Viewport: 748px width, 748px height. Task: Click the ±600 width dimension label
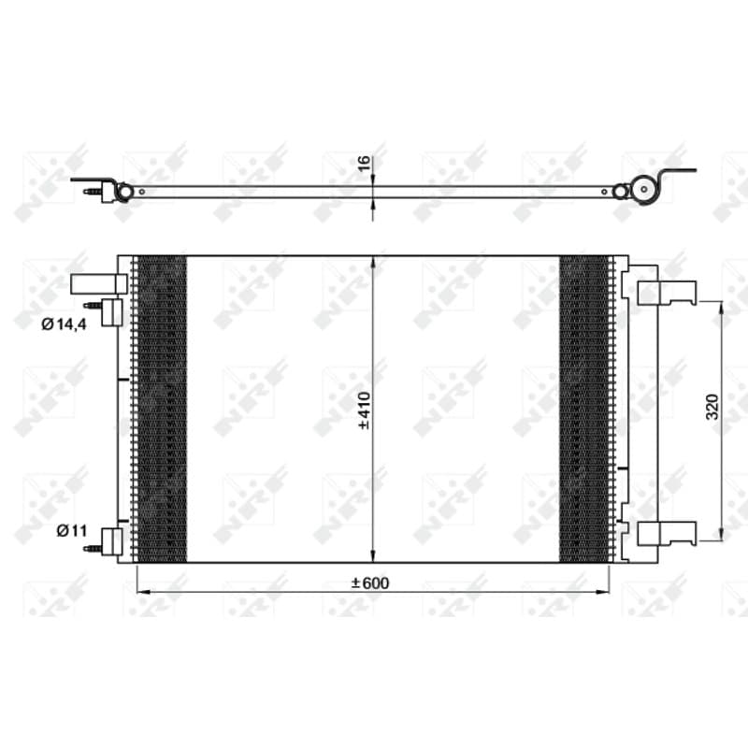point(370,583)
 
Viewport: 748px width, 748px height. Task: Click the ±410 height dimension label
point(365,410)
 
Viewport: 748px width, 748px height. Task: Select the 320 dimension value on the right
point(712,407)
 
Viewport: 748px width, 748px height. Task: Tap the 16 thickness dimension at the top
point(364,164)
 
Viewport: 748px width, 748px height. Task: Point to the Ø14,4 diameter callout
point(64,324)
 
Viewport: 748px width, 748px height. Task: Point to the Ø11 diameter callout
point(72,530)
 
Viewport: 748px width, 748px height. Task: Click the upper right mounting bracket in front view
point(667,293)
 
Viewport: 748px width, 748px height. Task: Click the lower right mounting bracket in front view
point(667,533)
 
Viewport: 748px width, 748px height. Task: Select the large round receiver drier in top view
point(644,190)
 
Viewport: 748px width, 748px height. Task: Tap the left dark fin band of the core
point(162,409)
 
